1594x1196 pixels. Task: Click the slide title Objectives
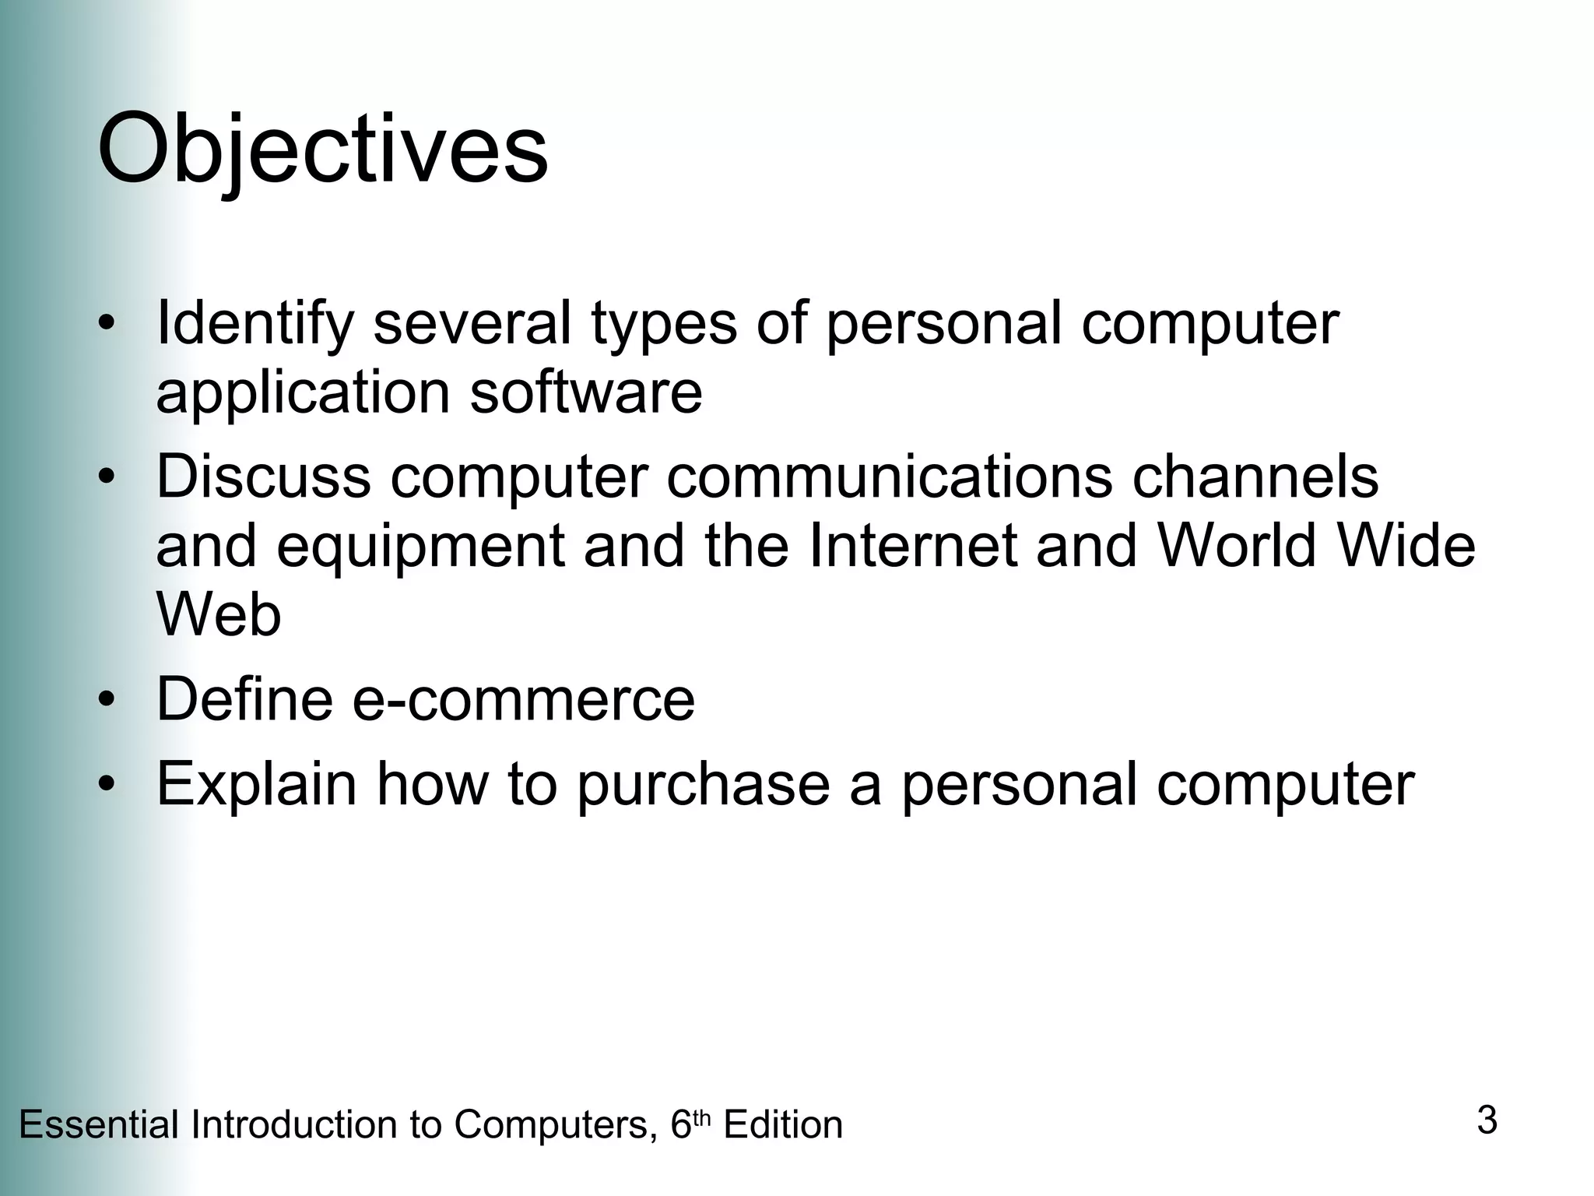[322, 148]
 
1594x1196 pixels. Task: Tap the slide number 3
[1487, 1120]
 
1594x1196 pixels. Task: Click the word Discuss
[263, 477]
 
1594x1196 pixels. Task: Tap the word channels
[1255, 477]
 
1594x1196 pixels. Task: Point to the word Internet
[913, 545]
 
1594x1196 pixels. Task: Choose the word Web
[219, 615]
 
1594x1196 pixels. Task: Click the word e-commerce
[523, 699]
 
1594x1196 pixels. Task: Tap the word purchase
[704, 785]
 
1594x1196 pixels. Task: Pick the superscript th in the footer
[702, 1118]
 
